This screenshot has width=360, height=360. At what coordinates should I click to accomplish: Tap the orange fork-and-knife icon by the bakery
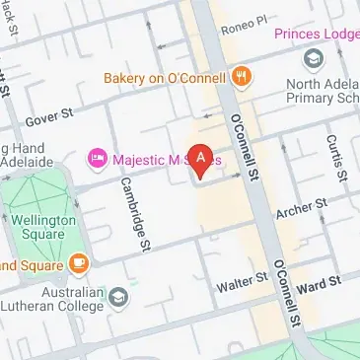240,76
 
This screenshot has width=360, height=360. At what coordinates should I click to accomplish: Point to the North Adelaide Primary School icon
315,59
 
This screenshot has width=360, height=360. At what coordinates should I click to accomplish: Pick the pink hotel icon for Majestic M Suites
97,158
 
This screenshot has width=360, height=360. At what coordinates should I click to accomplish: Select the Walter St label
243,282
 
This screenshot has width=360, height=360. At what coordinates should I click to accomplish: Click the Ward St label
319,285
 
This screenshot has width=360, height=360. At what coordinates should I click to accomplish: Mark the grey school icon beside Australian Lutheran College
119,297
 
